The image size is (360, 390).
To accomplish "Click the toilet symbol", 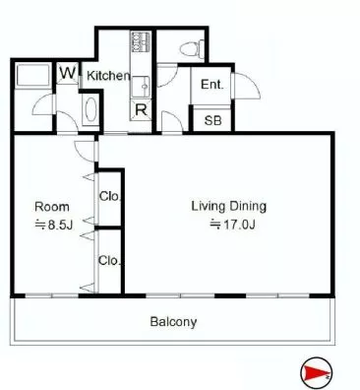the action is pyautogui.click(x=193, y=48).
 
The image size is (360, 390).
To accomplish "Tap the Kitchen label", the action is pyautogui.click(x=108, y=76).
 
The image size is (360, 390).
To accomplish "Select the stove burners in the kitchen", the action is pyautogui.click(x=141, y=42).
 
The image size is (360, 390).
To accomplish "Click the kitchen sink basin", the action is pyautogui.click(x=141, y=87).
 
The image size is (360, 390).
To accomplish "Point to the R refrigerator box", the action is pyautogui.click(x=141, y=110).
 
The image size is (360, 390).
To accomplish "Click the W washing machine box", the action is pyautogui.click(x=68, y=73).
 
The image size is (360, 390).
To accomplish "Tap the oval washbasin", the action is pyautogui.click(x=90, y=109).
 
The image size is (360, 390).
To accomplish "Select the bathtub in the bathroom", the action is pyautogui.click(x=32, y=76).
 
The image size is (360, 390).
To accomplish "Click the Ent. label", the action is pyautogui.click(x=211, y=85).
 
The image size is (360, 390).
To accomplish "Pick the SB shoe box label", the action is pyautogui.click(x=212, y=121).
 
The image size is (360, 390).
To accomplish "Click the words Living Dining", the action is pyautogui.click(x=228, y=206).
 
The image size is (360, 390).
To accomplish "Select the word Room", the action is pyautogui.click(x=52, y=207).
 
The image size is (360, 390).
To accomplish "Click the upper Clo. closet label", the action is pyautogui.click(x=110, y=196).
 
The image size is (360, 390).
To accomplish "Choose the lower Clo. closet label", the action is pyautogui.click(x=109, y=261).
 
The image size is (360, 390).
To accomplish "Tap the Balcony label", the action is pyautogui.click(x=173, y=322).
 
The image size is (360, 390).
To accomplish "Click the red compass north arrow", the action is pyautogui.click(x=316, y=373).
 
